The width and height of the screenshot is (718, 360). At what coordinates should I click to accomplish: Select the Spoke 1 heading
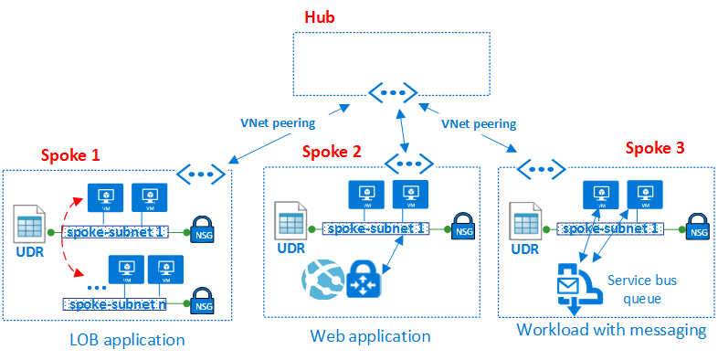click(71, 154)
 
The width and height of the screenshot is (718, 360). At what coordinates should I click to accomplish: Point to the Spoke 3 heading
click(655, 147)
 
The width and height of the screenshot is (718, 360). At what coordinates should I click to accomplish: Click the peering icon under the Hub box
click(393, 92)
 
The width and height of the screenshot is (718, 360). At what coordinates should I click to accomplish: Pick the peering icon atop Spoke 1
click(201, 171)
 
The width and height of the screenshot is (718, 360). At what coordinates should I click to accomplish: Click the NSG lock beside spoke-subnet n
click(202, 302)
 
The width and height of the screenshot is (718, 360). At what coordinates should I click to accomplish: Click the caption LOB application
click(127, 340)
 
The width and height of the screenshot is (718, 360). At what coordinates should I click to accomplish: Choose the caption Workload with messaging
click(611, 330)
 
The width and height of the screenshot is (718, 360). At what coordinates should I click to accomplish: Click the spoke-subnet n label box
click(114, 303)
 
